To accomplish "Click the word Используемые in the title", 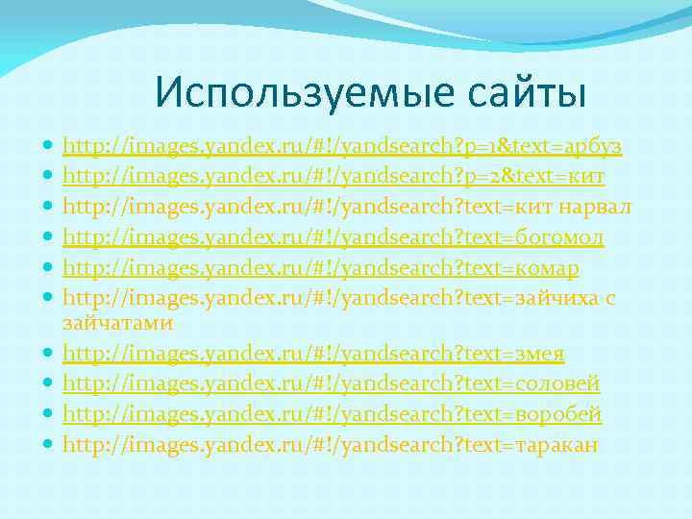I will tap(280, 93).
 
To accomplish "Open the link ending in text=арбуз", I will tap(342, 146).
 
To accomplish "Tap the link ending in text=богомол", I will tap(333, 236).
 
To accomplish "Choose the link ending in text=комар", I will tap(320, 267).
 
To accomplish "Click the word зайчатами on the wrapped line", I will tap(117, 325).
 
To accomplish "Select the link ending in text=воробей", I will tap(333, 415).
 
